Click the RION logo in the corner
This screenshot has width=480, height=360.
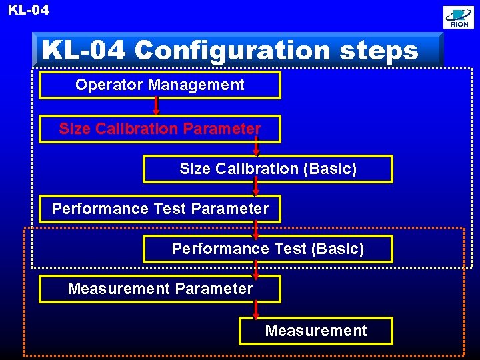point(459,18)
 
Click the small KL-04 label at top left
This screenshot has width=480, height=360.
point(28,10)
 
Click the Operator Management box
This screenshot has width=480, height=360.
point(159,85)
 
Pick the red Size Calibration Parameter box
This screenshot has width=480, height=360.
point(159,129)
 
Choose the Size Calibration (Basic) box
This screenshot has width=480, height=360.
point(267,169)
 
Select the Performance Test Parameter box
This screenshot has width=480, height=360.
point(159,209)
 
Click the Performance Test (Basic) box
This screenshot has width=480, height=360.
point(267,249)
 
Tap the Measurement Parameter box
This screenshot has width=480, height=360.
point(159,289)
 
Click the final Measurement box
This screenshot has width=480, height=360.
point(315,331)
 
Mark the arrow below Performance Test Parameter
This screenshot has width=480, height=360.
point(256,229)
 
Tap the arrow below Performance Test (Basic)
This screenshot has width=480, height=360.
point(256,269)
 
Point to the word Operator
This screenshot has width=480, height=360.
point(109,85)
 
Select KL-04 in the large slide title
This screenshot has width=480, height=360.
point(83,50)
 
